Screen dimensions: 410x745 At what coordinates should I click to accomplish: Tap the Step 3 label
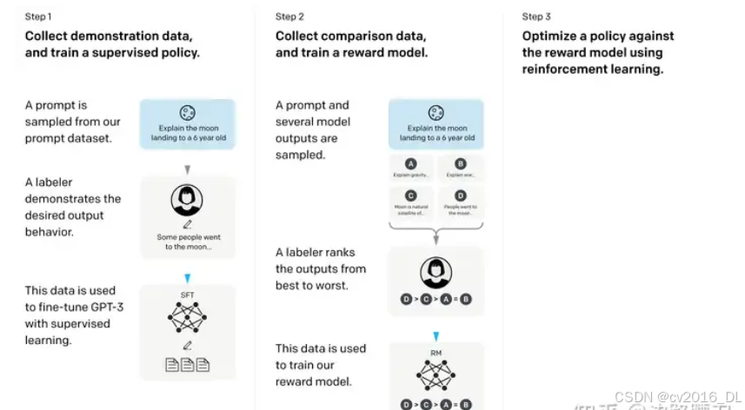click(536, 17)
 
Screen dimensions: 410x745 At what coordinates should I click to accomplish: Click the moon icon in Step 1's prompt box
click(187, 112)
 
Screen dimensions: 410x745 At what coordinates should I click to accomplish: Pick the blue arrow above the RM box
click(436, 336)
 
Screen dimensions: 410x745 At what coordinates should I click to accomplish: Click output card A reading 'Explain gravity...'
click(410, 169)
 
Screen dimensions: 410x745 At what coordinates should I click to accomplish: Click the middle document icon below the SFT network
click(187, 366)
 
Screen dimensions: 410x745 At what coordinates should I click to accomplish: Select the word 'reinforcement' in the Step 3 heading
click(562, 69)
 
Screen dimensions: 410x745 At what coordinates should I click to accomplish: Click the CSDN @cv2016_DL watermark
click(688, 395)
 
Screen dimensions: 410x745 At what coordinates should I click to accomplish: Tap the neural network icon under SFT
click(187, 320)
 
